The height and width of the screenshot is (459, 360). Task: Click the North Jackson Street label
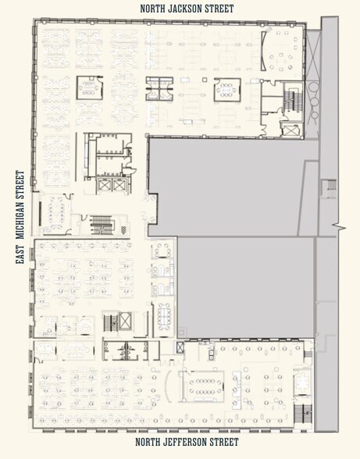187,9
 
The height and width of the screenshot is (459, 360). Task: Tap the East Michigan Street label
20,219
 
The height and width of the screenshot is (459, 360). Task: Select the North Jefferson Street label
186,442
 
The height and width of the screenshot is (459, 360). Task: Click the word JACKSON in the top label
187,9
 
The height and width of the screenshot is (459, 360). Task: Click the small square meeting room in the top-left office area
88,87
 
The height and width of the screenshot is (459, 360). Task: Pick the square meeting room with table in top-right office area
226,91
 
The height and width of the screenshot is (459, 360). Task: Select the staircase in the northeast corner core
292,99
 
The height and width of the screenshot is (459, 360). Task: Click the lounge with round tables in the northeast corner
282,55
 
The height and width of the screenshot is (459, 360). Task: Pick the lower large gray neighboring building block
245,286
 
